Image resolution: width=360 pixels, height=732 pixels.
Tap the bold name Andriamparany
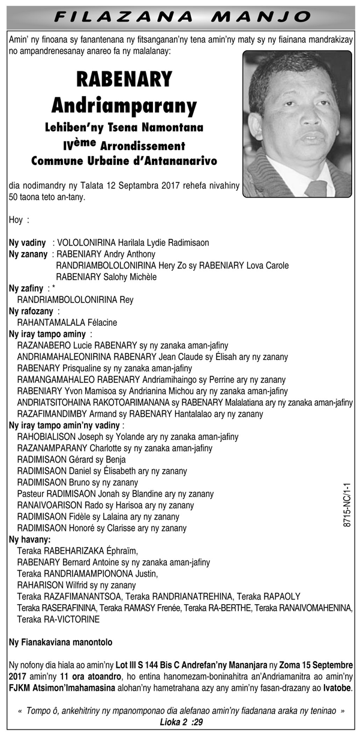pyautogui.click(x=124, y=106)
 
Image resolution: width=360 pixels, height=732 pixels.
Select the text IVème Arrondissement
pyautogui.click(x=124, y=146)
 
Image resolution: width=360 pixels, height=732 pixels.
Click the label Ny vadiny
pyautogui.click(x=28, y=243)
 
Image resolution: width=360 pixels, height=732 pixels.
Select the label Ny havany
pyautogui.click(x=29, y=539)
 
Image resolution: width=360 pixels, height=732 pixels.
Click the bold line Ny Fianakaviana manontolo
pyautogui.click(x=61, y=642)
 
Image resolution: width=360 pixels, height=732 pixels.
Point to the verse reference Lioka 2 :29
pyautogui.click(x=181, y=722)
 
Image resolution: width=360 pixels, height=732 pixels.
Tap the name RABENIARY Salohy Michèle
pyautogui.click(x=106, y=277)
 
